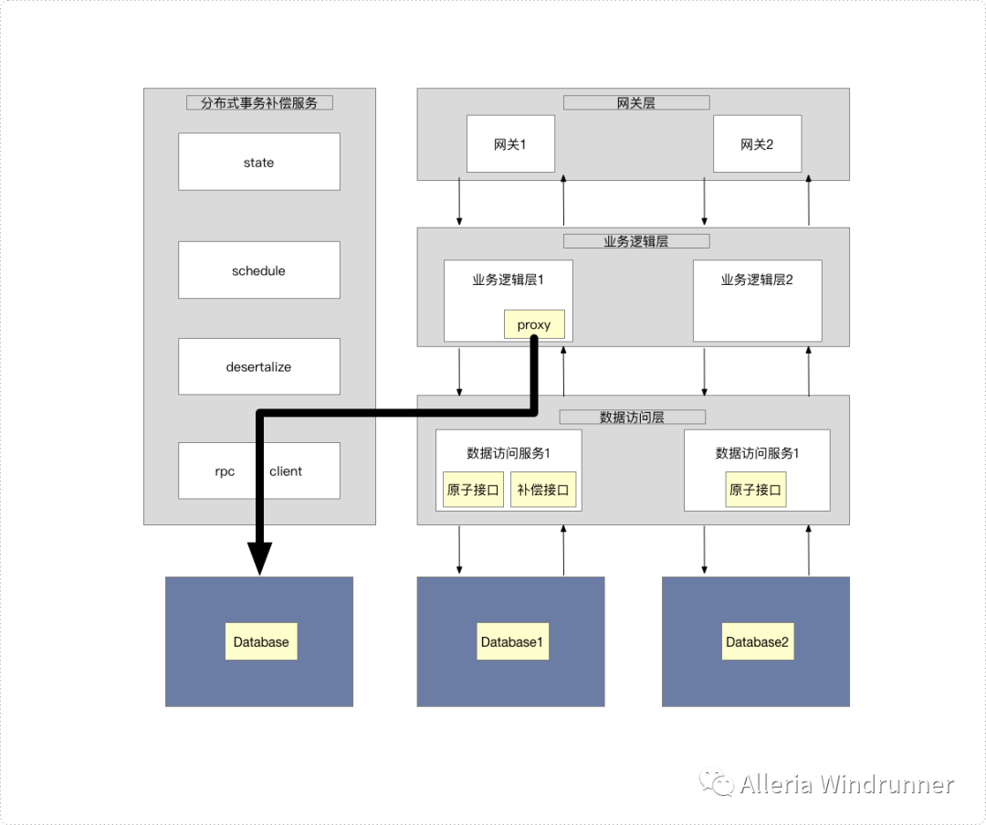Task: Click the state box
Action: [x=258, y=162]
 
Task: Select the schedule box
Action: [x=258, y=270]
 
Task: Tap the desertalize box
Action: [x=258, y=366]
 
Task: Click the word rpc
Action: [x=225, y=471]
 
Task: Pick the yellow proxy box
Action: [x=534, y=324]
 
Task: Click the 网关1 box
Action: [x=510, y=143]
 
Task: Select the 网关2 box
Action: [x=757, y=143]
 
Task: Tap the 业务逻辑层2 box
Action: [x=757, y=300]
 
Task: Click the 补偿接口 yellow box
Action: [x=543, y=490]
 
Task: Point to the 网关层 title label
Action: [x=636, y=103]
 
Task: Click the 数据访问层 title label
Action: [x=632, y=418]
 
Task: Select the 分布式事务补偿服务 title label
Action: [x=259, y=103]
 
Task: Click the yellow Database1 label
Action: [x=511, y=642]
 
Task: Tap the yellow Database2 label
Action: [x=757, y=642]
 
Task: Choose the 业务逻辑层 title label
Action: [x=636, y=242]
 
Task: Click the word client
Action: [x=286, y=471]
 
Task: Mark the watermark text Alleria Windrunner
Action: [x=846, y=785]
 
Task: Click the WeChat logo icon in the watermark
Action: [x=717, y=784]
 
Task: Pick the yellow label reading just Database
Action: [x=261, y=642]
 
